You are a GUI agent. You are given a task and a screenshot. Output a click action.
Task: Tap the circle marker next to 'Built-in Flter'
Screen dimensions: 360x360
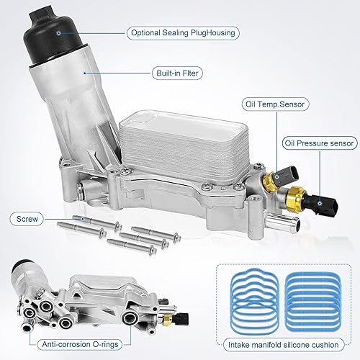(85, 72)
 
